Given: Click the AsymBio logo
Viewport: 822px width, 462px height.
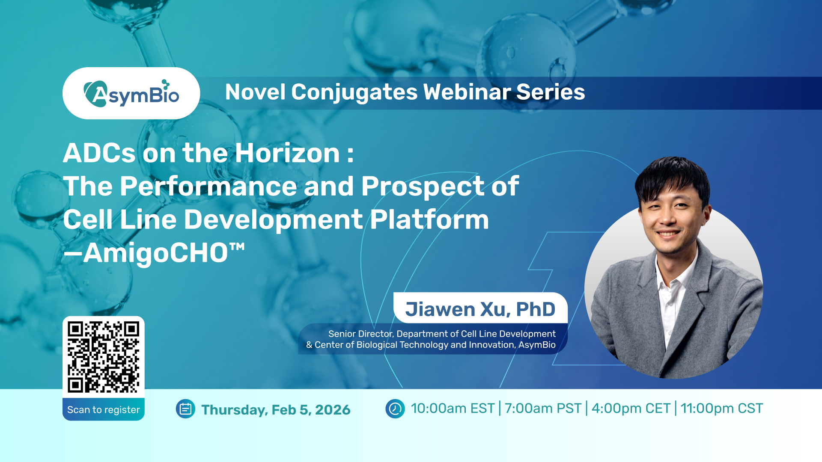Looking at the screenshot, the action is [131, 93].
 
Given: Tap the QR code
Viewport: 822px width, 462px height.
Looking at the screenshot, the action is [104, 357].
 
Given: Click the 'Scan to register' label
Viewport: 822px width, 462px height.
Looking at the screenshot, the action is [104, 409].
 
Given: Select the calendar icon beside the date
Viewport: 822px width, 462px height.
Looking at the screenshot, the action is [185, 409].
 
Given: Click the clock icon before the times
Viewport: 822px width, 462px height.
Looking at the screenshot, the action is [395, 409].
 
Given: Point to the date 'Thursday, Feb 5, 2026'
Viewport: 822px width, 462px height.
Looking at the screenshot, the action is [276, 410].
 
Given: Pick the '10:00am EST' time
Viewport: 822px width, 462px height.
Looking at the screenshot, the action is [453, 409].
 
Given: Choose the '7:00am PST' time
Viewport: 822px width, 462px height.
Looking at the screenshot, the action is [543, 409].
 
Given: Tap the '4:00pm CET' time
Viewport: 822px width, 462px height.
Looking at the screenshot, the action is [631, 409].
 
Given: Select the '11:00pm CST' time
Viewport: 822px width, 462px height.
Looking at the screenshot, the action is [722, 409].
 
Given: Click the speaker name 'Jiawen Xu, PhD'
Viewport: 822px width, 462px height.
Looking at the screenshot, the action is [480, 309].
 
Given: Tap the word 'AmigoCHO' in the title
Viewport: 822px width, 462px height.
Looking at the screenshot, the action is [155, 253].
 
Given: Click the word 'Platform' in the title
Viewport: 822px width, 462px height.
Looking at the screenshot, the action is [429, 220].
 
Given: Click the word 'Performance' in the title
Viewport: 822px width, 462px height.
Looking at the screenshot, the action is [208, 187].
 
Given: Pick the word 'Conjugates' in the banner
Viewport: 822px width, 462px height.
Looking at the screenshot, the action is [354, 93].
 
